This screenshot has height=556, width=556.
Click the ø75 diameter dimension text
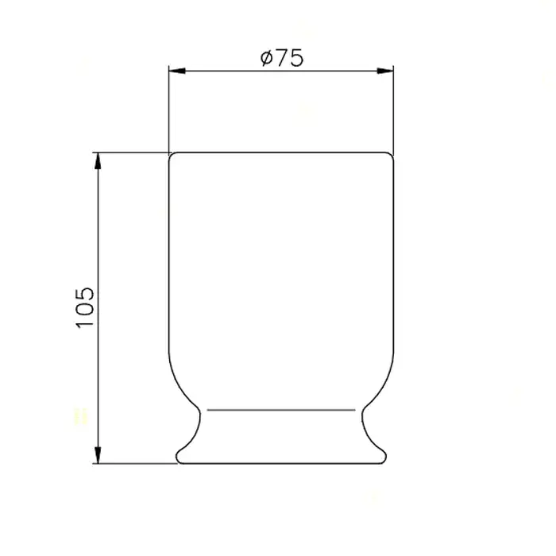[282, 58]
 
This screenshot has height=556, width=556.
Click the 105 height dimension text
[85, 307]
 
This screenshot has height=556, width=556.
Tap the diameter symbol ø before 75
[266, 58]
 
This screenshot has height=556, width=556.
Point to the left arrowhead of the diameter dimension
[177, 71]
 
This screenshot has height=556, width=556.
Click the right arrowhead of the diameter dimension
[385, 71]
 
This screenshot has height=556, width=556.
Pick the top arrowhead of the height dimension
[98, 161]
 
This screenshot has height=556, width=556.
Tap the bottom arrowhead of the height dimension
[98, 455]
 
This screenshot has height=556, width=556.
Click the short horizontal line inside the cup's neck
[281, 410]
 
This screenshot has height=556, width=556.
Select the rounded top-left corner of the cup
[171, 155]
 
